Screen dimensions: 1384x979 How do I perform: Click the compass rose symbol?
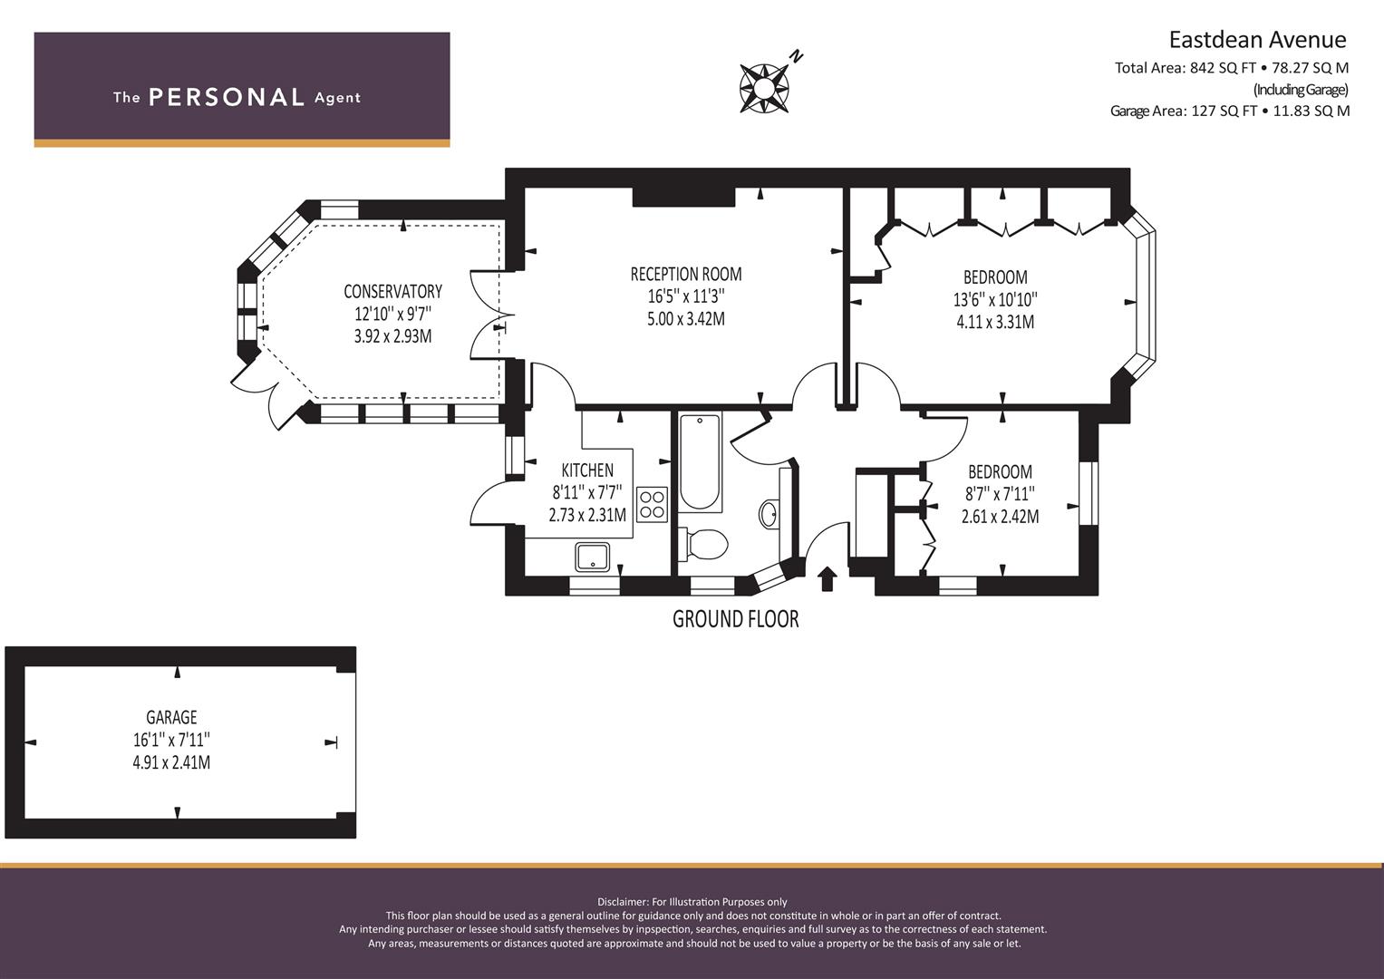(x=765, y=88)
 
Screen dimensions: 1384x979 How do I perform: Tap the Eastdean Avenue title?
(x=1257, y=40)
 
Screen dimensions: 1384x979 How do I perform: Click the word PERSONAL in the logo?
(x=227, y=98)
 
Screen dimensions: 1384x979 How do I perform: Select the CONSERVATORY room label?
(x=393, y=291)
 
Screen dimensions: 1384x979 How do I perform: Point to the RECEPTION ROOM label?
(x=686, y=274)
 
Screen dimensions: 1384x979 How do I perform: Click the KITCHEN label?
(x=587, y=470)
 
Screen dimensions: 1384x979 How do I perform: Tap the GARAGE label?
(x=172, y=717)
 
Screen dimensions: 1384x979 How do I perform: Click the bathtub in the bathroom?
(x=700, y=462)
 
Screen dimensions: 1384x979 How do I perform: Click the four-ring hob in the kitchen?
(x=652, y=504)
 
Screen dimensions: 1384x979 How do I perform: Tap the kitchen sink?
(x=592, y=557)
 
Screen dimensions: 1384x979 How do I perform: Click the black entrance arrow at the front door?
(x=827, y=580)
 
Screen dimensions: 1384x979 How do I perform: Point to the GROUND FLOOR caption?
(x=735, y=618)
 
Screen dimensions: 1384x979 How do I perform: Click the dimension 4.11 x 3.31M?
(x=995, y=322)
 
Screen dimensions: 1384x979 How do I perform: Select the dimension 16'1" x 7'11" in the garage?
(x=172, y=739)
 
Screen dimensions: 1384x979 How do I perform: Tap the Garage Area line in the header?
(x=1230, y=111)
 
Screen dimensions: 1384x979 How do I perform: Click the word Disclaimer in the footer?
(x=622, y=902)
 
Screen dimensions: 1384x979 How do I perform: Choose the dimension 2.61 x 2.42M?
(x=1000, y=516)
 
